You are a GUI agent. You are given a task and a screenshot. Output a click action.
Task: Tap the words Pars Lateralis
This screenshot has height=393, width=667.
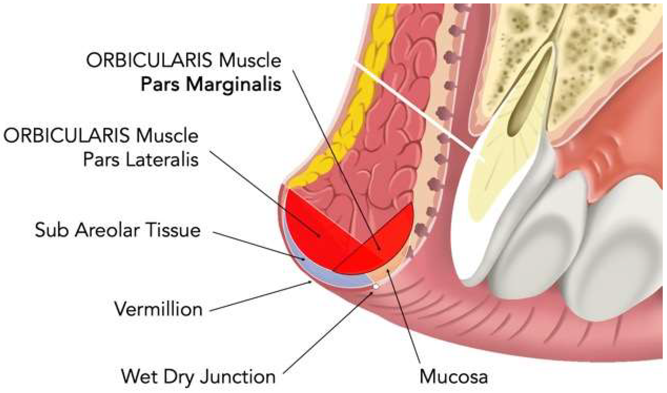tap(141, 160)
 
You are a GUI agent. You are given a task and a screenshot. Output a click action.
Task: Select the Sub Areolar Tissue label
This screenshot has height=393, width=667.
tap(117, 230)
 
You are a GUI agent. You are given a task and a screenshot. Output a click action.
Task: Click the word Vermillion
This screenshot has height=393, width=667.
tap(158, 309)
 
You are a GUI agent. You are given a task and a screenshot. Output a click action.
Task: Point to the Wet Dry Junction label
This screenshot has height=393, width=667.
tap(198, 376)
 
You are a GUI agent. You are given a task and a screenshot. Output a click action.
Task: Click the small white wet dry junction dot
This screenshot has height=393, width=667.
tap(376, 286)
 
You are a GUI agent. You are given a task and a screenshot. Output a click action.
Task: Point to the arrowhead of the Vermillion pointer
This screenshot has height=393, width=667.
tap(311, 282)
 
